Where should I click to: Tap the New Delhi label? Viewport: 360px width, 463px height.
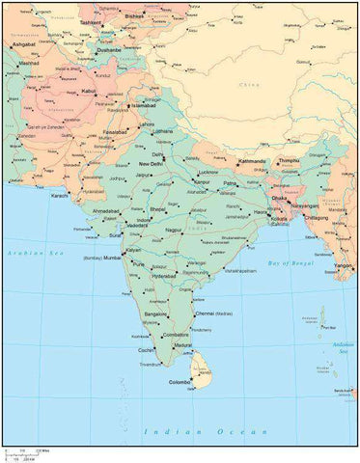coord(152,164)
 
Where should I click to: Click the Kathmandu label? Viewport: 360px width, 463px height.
coord(251,161)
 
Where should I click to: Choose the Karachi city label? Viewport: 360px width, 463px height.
coord(61,196)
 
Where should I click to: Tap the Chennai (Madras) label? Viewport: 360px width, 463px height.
coord(214,313)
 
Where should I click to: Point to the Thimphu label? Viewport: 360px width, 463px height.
coord(290,161)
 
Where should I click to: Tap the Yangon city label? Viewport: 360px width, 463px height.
coord(342,264)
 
